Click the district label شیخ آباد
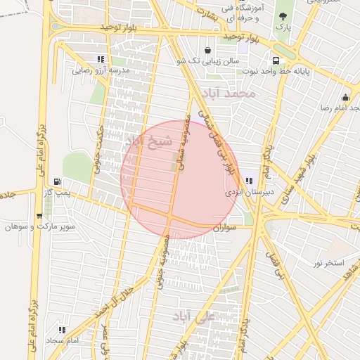point(148,141)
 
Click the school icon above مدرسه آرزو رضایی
point(102,59)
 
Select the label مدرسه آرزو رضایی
point(102,71)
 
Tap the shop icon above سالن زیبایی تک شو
point(208,50)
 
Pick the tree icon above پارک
point(283,15)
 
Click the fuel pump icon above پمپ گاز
point(57,180)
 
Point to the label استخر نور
point(328,263)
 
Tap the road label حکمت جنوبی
point(98,148)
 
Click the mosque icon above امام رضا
point(346,97)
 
